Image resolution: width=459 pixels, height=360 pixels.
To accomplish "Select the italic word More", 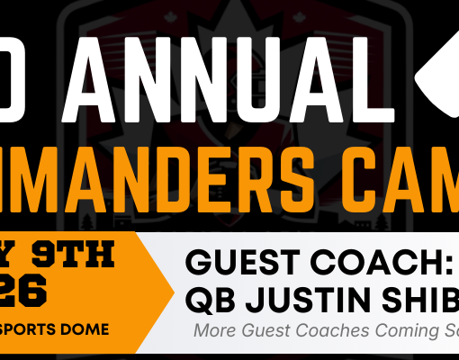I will [x=214, y=330].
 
